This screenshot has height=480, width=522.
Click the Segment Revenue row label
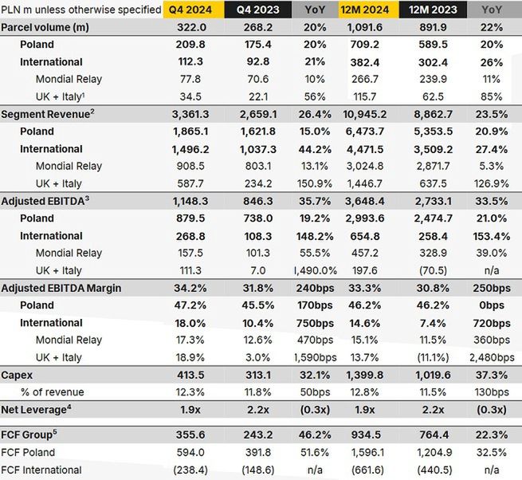(x=48, y=114)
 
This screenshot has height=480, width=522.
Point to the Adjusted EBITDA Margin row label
(x=61, y=288)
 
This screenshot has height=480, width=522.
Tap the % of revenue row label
(x=57, y=391)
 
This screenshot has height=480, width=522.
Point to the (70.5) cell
(x=432, y=270)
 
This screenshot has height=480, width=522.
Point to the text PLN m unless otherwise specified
(x=80, y=10)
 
